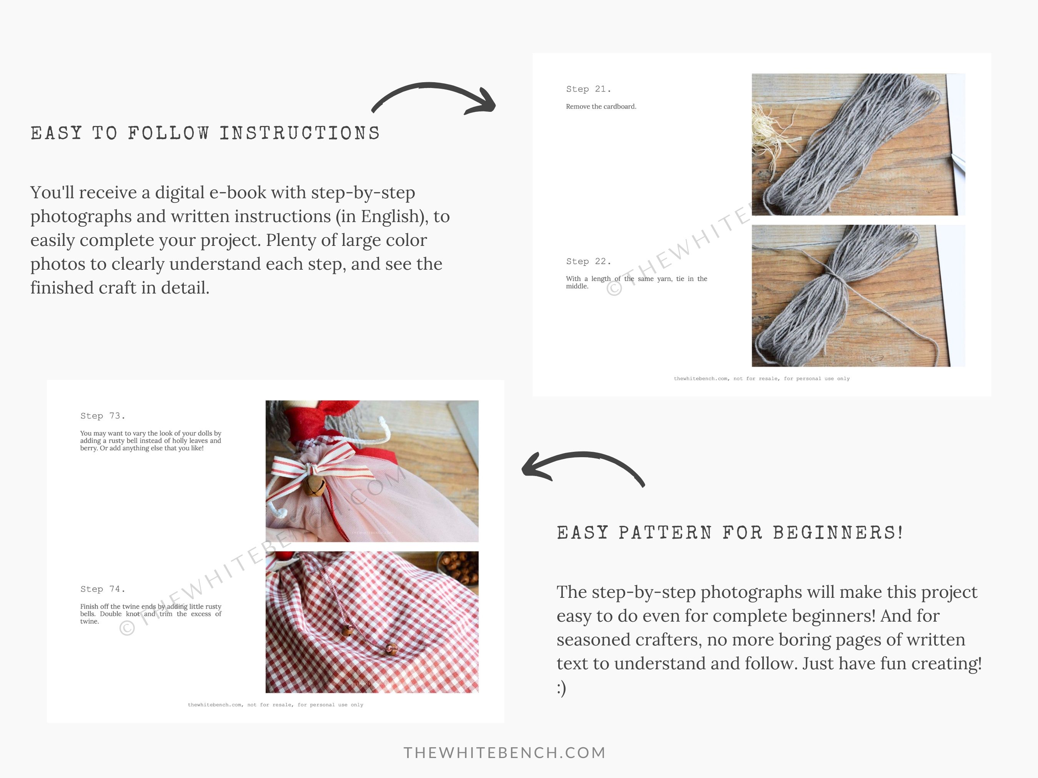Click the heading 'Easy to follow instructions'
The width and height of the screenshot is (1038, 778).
point(205,133)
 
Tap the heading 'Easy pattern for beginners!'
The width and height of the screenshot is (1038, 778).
point(730,533)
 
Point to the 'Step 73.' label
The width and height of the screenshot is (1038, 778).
point(103,416)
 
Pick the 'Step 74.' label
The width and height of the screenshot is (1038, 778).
point(103,589)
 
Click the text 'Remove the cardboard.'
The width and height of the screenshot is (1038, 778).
point(601,106)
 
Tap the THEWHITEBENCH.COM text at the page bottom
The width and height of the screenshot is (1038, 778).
point(505,753)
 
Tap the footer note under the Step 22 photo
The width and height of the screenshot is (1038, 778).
point(762,378)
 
